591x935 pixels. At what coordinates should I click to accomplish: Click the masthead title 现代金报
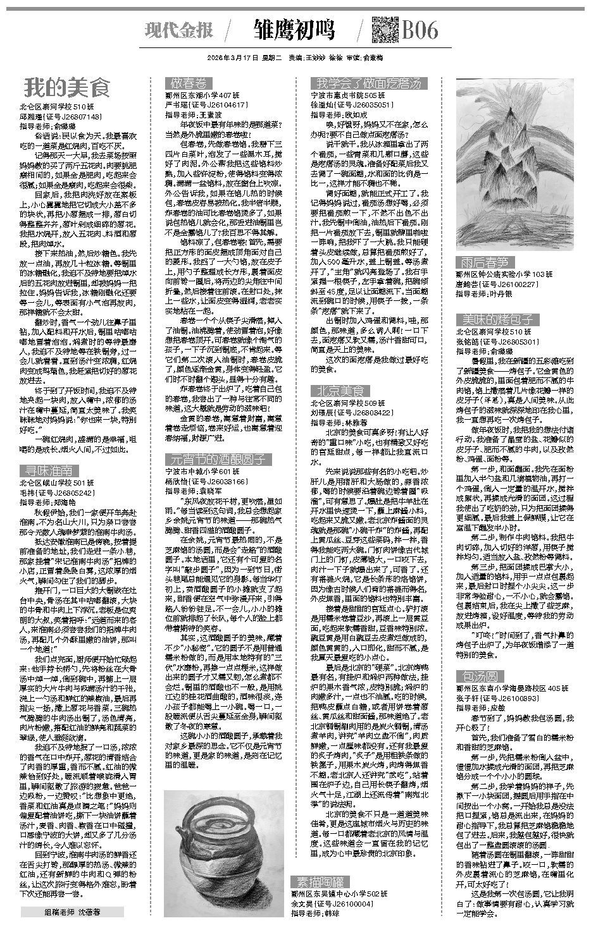179,30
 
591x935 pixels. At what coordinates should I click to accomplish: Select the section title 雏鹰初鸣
294,30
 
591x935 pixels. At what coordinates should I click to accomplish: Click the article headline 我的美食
67,87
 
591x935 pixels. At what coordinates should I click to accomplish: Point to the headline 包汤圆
480,676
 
